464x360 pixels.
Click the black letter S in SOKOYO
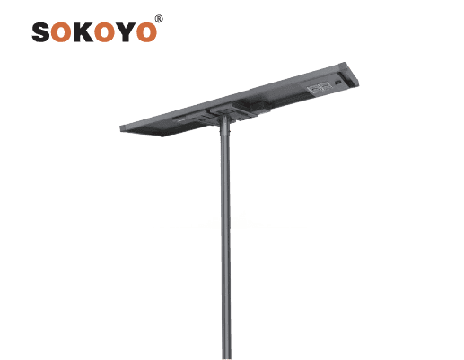(x=40, y=31)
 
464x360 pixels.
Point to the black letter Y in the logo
(x=126, y=31)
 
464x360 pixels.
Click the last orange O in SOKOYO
(x=146, y=31)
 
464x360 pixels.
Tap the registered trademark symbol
(x=159, y=19)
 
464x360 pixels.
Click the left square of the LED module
(x=314, y=88)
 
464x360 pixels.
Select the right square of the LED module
(x=326, y=85)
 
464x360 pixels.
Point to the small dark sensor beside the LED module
(x=338, y=83)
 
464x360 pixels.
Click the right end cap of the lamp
(x=351, y=75)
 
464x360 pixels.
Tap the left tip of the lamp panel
(x=120, y=128)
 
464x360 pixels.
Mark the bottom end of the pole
(x=226, y=358)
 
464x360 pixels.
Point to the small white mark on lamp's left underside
(x=179, y=120)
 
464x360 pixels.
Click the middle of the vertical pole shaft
(x=226, y=240)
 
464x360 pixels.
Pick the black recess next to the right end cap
(x=344, y=80)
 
